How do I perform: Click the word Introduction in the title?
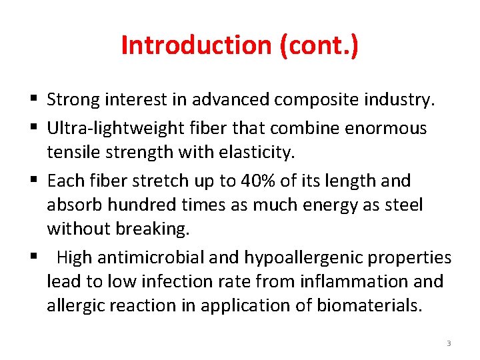pyautogui.click(x=194, y=46)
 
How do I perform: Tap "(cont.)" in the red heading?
pyautogui.click(x=315, y=46)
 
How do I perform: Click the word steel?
pyautogui.click(x=402, y=205)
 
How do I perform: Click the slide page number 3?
pyautogui.click(x=449, y=343)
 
